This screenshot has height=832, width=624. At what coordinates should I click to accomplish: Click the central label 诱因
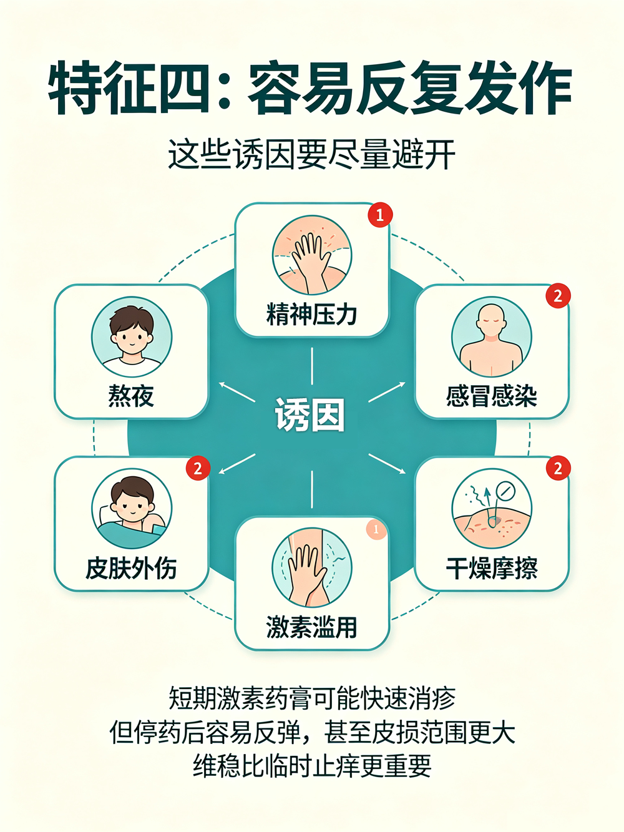pos(310,414)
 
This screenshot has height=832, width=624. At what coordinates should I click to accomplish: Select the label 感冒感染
pos(491,396)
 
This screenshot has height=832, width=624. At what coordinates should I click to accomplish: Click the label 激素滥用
pos(311,627)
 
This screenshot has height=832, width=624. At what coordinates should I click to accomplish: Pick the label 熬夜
pos(131,396)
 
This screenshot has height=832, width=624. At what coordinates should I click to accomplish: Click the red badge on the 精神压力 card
pos(380,215)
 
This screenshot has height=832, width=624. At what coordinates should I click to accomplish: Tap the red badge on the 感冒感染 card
pos(558,296)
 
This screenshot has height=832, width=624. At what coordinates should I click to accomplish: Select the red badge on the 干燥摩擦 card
pos(558,469)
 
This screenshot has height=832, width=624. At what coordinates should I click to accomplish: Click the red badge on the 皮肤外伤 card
pos(198,469)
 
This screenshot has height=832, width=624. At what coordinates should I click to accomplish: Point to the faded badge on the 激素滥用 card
pos(376,529)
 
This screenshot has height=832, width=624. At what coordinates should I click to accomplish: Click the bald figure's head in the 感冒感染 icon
pos(491,318)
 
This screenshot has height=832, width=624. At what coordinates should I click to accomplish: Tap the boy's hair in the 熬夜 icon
pos(132,319)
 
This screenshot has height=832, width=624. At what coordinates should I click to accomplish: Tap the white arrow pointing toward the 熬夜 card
pos(237,392)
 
